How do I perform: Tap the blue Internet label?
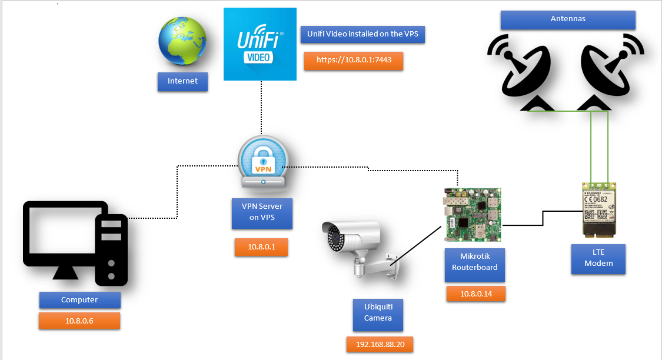(182, 81)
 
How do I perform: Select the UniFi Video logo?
(260, 44)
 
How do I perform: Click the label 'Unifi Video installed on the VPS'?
(362, 34)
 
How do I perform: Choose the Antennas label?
(568, 19)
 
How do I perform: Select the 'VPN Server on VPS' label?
(262, 212)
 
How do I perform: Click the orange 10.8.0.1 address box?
(261, 247)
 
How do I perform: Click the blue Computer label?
(79, 300)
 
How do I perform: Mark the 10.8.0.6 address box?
(79, 321)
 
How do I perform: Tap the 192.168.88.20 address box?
(380, 344)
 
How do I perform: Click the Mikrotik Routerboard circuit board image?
(473, 215)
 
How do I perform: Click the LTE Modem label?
(598, 258)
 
